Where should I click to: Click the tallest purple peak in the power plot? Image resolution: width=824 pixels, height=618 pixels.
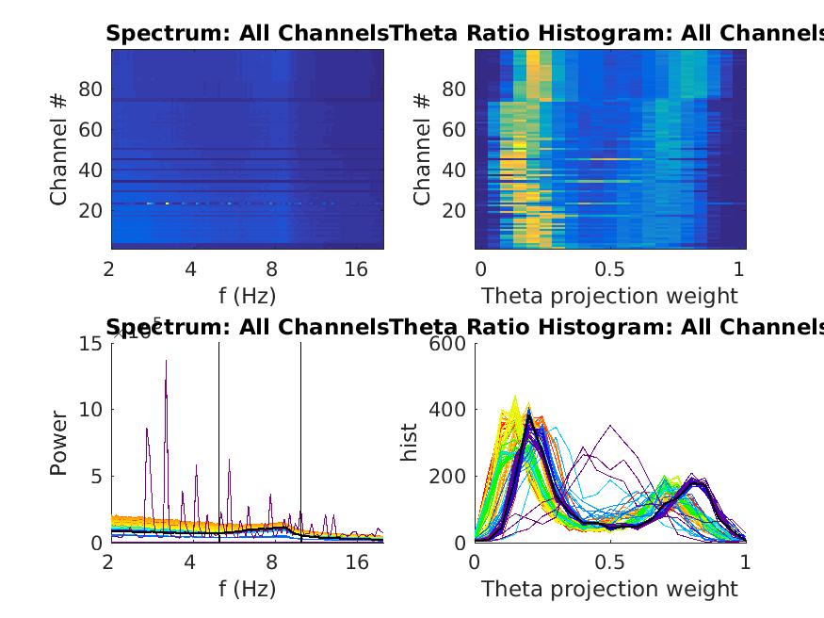(x=166, y=360)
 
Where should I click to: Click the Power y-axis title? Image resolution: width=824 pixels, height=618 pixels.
(x=58, y=443)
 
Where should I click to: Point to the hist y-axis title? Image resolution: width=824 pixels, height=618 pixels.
(x=410, y=443)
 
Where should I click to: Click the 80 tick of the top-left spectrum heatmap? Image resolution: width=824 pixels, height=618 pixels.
(x=89, y=89)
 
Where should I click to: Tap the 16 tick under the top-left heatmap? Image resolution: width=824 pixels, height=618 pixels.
(x=356, y=269)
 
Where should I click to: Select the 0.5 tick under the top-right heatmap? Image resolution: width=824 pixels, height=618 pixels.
(x=609, y=269)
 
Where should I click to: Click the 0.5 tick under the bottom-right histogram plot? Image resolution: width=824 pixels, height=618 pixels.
(x=609, y=562)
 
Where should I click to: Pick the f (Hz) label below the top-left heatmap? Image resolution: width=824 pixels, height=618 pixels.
(x=247, y=296)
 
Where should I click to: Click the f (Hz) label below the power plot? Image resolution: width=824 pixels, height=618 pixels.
(x=247, y=589)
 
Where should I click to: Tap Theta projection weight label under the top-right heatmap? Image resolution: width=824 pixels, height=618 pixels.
(x=609, y=296)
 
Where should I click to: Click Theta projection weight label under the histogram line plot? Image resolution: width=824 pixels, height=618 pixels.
(x=609, y=589)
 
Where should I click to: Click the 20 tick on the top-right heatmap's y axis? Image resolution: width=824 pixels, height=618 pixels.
(x=455, y=209)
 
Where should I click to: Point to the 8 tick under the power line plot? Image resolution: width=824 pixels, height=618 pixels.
(x=272, y=562)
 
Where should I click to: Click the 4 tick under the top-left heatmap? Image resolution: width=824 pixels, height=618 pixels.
(x=191, y=269)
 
